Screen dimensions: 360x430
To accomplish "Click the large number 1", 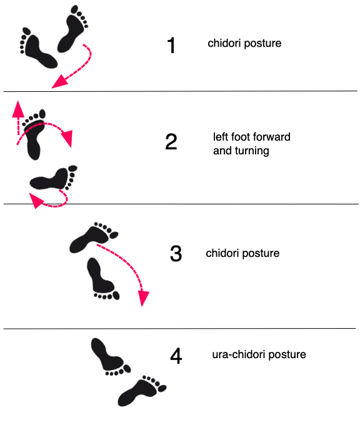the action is coord(171,45).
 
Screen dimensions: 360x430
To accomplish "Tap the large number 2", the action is coord(171,141).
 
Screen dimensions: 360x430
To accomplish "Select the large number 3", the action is coord(176,253).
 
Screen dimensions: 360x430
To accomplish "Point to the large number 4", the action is coord(176,356).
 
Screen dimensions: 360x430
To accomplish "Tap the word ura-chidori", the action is coord(239,354).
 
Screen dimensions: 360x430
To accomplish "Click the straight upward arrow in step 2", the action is coord(18,117).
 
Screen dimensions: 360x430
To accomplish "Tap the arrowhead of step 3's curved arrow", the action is coord(143,298).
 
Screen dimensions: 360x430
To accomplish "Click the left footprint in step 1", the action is coord(37,49).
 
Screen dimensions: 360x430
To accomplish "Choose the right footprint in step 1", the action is coord(72,29).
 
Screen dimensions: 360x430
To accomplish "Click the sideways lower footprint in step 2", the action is coord(54,178).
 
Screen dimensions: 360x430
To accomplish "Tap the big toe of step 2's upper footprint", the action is coord(42,114).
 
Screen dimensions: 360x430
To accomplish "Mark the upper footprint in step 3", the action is coord(93,237).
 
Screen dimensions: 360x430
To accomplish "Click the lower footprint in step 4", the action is coord(141,391).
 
